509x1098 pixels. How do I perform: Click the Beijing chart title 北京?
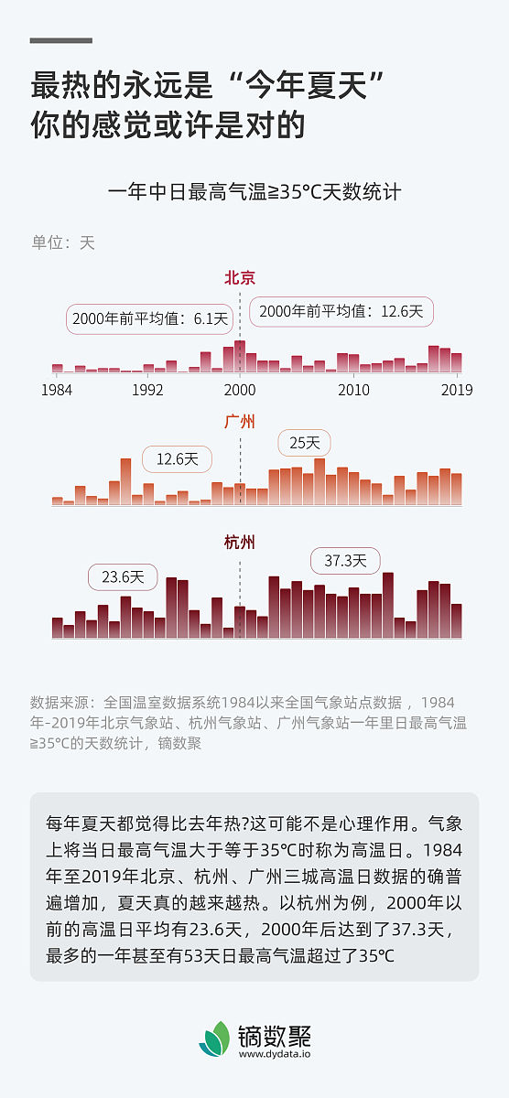coord(240,278)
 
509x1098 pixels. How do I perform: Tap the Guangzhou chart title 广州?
coord(240,422)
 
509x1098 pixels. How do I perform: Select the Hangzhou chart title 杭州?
coord(240,543)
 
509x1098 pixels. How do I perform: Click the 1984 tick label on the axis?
coord(58,389)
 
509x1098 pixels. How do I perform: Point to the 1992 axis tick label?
coord(147,389)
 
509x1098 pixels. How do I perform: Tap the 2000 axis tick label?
coord(240,389)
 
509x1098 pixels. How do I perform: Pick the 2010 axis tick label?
coord(353,389)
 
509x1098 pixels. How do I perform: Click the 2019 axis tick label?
coord(456,389)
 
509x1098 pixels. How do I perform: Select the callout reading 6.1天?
coord(149,318)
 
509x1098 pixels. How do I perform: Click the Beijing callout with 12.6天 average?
coord(341,311)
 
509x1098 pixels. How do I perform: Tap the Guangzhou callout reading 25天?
coord(304,443)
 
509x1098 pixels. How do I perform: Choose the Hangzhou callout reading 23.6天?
coord(123,577)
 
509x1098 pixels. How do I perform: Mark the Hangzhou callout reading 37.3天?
coord(345,560)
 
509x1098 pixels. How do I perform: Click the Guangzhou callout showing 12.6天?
coord(177,458)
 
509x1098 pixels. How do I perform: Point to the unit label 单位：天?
coord(63,242)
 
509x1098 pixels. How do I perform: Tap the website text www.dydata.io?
coord(275,1054)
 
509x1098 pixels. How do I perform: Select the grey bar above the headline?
coord(61,40)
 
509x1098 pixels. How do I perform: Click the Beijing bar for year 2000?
coord(240,356)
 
